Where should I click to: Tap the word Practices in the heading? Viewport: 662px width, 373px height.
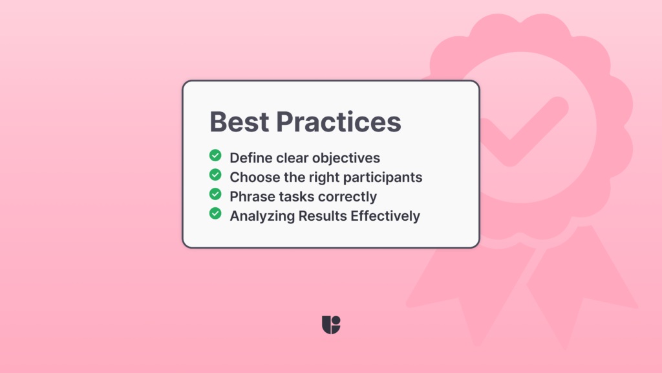coord(338,122)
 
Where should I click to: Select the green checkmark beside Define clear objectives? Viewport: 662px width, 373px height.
coord(215,156)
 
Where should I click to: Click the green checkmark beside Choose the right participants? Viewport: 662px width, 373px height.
coord(215,175)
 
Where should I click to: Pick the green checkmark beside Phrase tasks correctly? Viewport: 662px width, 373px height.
coord(215,194)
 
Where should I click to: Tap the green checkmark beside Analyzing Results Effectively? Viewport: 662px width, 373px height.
coord(215,213)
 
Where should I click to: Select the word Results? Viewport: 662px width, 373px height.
coord(322,215)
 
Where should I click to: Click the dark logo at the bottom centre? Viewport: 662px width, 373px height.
coord(331,324)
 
